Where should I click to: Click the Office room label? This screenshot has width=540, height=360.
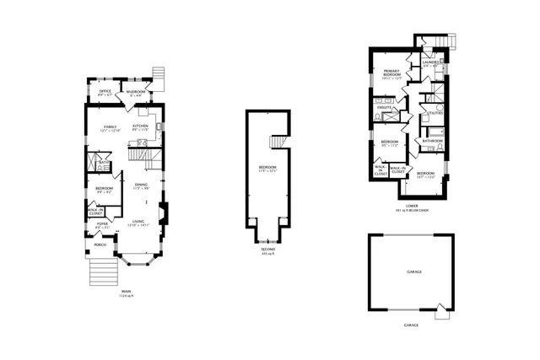tap(105, 91)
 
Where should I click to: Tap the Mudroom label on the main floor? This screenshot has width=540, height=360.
tap(136, 91)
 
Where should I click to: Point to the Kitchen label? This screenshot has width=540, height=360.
tap(141, 126)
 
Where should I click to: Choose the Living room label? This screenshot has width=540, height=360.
tap(138, 222)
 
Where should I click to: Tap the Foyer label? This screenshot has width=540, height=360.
tap(102, 225)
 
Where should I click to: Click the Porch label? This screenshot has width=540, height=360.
tap(100, 245)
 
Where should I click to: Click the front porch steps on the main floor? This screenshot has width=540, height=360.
tap(101, 271)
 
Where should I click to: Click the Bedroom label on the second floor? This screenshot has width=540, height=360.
tap(267, 169)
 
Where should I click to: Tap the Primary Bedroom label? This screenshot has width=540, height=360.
tap(391, 73)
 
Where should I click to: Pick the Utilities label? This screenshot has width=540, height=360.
tap(435, 113)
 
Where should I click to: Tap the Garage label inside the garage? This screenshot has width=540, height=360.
tap(413, 272)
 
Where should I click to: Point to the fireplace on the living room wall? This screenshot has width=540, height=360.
tap(165, 212)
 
